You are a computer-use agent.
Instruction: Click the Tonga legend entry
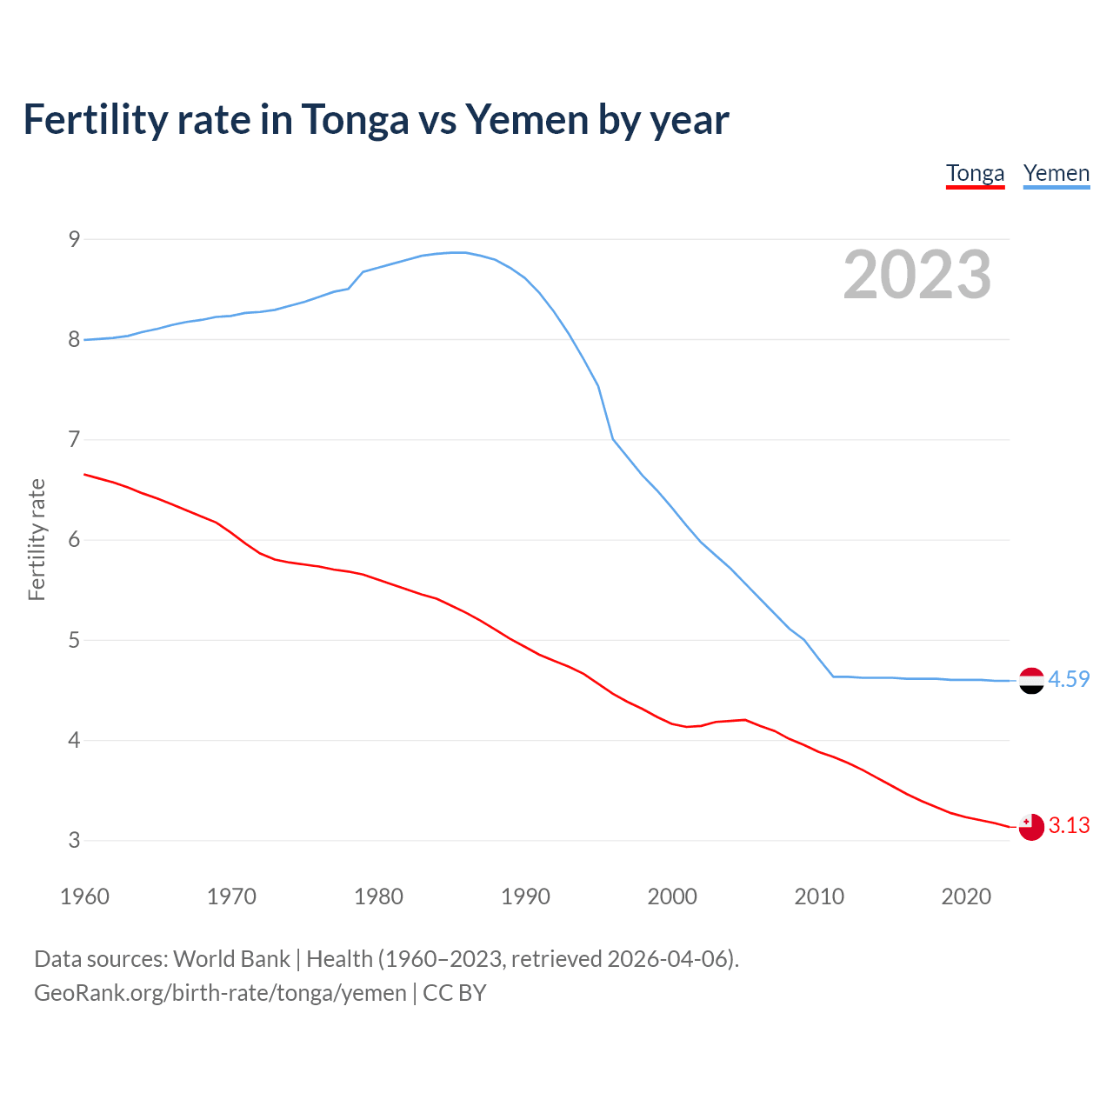click(975, 173)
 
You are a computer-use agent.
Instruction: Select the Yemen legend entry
click(1056, 173)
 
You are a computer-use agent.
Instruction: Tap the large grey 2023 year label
click(917, 275)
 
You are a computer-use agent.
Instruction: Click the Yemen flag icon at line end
click(1031, 681)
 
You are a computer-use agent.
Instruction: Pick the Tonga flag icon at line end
click(1031, 827)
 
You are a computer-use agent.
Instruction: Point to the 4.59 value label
click(1069, 679)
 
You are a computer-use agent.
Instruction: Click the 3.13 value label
click(1069, 825)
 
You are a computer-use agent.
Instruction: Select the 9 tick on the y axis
click(74, 239)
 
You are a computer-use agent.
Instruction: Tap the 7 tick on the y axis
click(74, 440)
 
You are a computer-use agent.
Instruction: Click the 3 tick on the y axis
click(74, 841)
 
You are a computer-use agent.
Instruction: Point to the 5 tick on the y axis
click(74, 641)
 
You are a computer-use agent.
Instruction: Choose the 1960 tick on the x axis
click(84, 896)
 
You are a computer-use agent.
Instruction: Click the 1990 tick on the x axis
click(525, 896)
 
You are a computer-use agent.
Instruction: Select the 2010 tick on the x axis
click(819, 896)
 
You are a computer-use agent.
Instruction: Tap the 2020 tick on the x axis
click(966, 896)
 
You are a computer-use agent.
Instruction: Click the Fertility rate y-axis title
click(37, 539)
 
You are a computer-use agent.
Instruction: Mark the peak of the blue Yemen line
click(458, 252)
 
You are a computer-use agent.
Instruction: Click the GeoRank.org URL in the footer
click(220, 993)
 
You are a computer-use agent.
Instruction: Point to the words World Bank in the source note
click(231, 959)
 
